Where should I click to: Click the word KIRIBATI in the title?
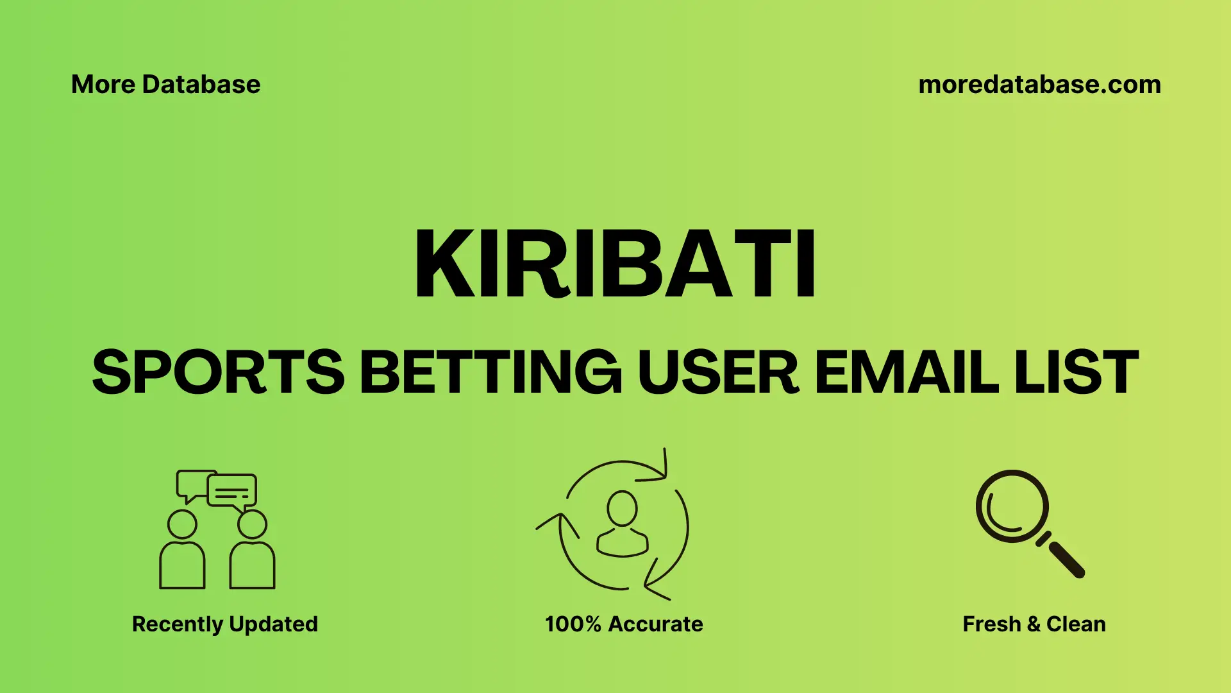click(615, 264)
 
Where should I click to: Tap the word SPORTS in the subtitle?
click(219, 373)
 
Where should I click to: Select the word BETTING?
click(490, 373)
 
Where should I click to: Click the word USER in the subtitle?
click(718, 373)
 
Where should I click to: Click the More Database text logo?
click(165, 85)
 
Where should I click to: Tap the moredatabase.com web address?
click(1039, 85)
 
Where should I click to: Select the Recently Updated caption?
click(224, 624)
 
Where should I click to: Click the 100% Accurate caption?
click(624, 624)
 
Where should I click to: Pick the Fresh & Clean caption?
click(1034, 624)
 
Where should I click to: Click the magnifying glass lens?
click(1012, 506)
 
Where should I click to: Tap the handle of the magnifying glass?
click(1066, 559)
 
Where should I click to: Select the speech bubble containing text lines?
click(232, 492)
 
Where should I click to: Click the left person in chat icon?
click(182, 552)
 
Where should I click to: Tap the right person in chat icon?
click(252, 552)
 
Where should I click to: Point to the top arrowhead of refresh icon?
click(660, 468)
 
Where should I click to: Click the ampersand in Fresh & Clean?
click(1033, 624)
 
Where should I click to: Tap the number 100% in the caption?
click(573, 624)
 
